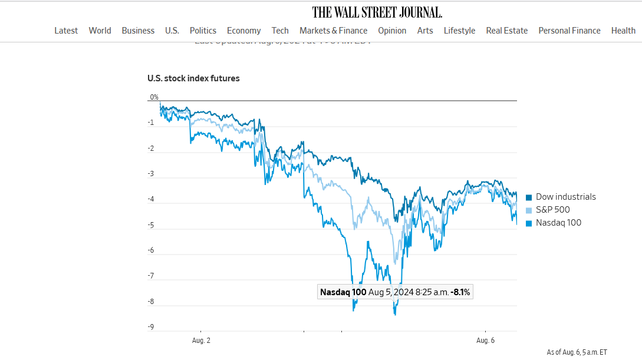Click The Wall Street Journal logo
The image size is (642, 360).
tap(377, 12)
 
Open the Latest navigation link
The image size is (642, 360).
tap(66, 31)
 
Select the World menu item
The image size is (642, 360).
tap(100, 31)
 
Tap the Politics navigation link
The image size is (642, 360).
tap(203, 31)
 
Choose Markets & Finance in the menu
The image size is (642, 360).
tap(333, 31)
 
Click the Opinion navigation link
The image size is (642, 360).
tap(392, 31)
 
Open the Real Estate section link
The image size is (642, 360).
tap(506, 31)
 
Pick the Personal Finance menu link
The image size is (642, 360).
tap(569, 31)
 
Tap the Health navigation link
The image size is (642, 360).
tap(623, 31)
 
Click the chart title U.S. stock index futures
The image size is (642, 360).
tap(193, 78)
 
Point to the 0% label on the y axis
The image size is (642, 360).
tap(154, 97)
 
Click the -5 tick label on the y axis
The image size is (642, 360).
tap(152, 225)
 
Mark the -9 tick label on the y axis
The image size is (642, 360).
tap(152, 327)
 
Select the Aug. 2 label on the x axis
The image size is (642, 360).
tap(201, 341)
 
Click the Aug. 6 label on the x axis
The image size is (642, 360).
tap(485, 341)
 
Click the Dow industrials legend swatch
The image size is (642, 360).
tap(529, 197)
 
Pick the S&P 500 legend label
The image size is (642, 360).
tap(552, 210)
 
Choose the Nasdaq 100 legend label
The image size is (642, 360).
tap(558, 223)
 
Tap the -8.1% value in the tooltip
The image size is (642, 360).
tap(460, 292)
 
